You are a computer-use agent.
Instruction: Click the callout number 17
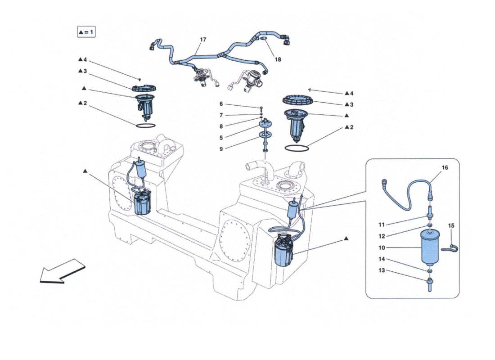click(x=203, y=40)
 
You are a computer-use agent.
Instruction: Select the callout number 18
click(x=278, y=59)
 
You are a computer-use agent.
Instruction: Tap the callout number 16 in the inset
click(x=445, y=167)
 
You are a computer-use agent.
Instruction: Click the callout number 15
click(x=451, y=225)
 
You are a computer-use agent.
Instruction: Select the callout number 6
click(x=221, y=104)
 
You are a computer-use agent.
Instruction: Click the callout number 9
click(x=221, y=149)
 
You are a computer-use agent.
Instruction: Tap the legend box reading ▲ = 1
click(x=86, y=32)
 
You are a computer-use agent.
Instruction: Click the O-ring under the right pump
click(x=297, y=148)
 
